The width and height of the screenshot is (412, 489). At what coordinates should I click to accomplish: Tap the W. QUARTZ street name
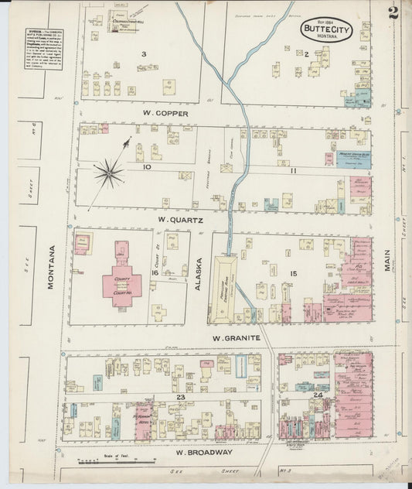[x=180, y=219]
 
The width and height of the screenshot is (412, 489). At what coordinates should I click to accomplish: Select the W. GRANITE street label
[x=232, y=338]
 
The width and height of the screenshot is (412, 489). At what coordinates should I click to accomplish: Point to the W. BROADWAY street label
[x=203, y=452]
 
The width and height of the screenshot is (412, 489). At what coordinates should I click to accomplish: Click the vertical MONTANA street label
[x=52, y=266]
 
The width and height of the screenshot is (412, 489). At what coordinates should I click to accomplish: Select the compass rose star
[x=110, y=172]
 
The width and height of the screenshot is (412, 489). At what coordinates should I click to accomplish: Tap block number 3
[x=145, y=53]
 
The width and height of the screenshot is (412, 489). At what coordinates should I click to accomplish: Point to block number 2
[x=307, y=53]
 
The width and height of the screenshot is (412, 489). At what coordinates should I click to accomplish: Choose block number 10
[x=146, y=166]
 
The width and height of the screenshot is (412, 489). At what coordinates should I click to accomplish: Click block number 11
[x=294, y=169]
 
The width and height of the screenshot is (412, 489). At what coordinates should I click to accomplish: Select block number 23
[x=179, y=397]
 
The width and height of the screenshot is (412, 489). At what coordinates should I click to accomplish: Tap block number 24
[x=318, y=395]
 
